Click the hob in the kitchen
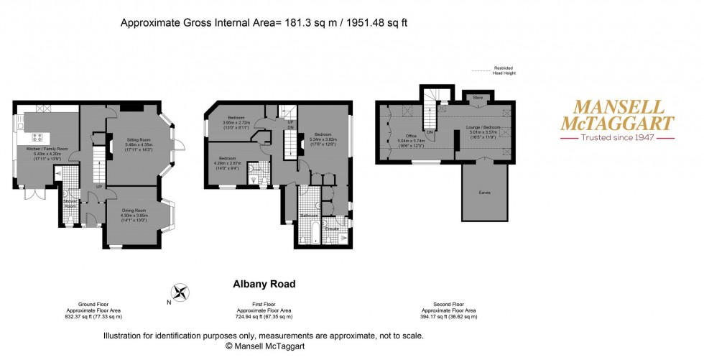tap(37, 137)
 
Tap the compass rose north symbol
tap(180, 292)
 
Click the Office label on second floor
tap(411, 135)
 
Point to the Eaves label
tap(485, 193)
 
